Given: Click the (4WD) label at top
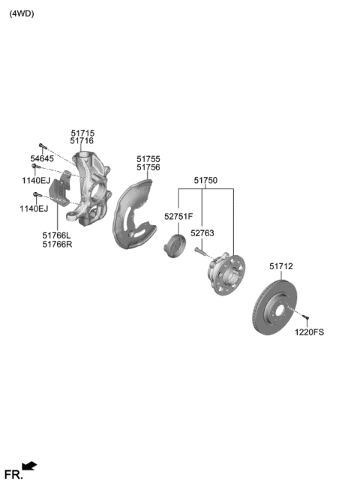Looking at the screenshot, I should click(22, 13).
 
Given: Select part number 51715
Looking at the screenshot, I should click(82, 133).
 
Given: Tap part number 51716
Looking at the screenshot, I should click(82, 141).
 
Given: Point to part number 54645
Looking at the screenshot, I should click(42, 159).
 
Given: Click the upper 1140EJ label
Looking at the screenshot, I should click(34, 181).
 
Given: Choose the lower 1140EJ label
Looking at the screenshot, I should click(33, 208).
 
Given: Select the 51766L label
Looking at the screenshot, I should click(57, 235).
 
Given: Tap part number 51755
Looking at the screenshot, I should click(148, 159).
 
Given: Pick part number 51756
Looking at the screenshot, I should click(148, 167).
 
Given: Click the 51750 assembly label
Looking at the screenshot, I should click(205, 181).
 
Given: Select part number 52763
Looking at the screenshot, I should click(202, 233).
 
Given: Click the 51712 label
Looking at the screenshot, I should click(281, 266).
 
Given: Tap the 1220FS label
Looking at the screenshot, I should click(309, 331).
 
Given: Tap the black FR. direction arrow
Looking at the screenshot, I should click(30, 466).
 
